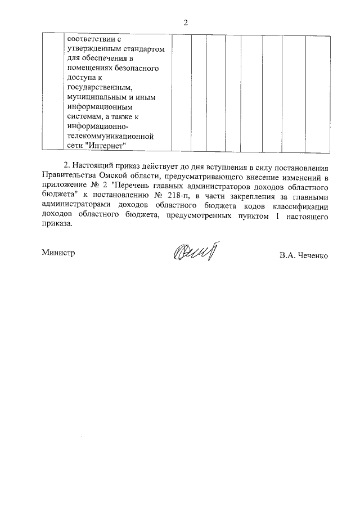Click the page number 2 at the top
(x=184, y=22)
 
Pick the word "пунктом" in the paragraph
(x=256, y=214)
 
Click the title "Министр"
(x=58, y=253)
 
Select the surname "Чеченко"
(x=312, y=255)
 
